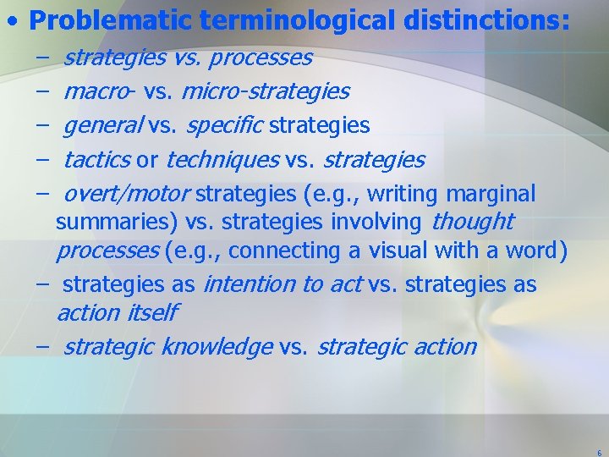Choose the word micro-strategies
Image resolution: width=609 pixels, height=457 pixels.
(265, 91)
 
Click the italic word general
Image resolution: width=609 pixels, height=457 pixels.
(103, 126)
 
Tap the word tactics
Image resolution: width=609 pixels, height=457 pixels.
(96, 160)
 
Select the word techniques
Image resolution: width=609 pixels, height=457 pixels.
(222, 160)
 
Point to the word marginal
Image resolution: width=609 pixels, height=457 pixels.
(488, 194)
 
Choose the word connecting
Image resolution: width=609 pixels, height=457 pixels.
(284, 251)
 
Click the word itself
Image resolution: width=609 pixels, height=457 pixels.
(151, 313)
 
